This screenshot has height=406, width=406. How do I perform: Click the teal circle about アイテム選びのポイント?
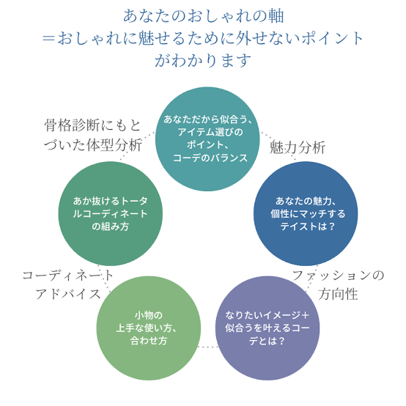point(207,139)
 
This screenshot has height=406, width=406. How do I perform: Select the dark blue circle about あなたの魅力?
point(306,213)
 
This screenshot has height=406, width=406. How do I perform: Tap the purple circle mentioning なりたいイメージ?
point(267,328)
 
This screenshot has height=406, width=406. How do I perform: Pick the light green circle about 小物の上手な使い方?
point(149,328)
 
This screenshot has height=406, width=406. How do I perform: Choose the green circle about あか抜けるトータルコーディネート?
point(111,213)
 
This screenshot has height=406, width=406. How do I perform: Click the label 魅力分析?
point(298,147)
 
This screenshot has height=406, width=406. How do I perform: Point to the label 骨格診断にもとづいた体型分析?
point(92,135)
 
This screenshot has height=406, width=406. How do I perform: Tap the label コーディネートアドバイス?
point(68,284)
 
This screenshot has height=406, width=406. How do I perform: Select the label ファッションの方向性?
point(338,284)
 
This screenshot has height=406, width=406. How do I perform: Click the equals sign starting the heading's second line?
point(48,39)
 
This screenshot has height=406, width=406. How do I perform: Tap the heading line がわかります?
point(203,61)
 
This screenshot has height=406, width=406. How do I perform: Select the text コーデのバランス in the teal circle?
point(210,158)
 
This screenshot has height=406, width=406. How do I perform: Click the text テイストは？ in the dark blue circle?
point(307,226)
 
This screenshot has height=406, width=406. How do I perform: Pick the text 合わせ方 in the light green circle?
point(149,341)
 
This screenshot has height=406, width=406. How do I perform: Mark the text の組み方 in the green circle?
point(111,226)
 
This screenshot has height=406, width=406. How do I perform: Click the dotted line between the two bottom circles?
point(208,347)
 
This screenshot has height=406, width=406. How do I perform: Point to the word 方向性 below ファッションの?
point(338,294)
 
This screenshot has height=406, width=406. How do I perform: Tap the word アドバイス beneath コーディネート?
point(68,294)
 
